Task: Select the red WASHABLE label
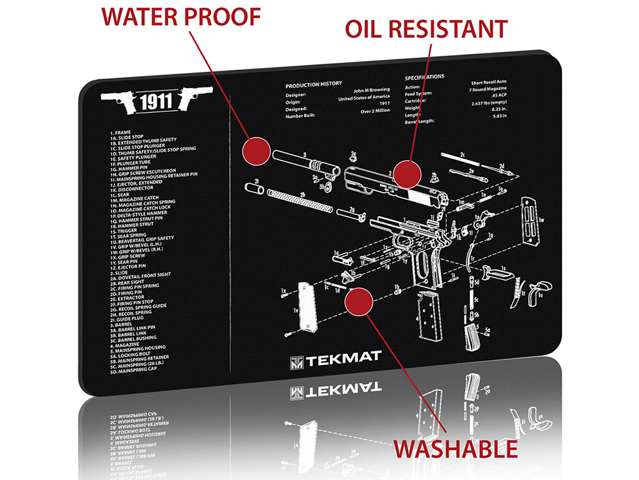tap(454, 449)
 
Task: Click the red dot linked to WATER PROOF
tap(255, 152)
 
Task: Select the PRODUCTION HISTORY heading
tap(315, 84)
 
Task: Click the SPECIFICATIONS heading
tap(424, 77)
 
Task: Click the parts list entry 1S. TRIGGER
tap(124, 231)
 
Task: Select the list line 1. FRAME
tap(120, 133)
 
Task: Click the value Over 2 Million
tap(374, 111)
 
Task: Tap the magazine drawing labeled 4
tap(429, 319)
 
